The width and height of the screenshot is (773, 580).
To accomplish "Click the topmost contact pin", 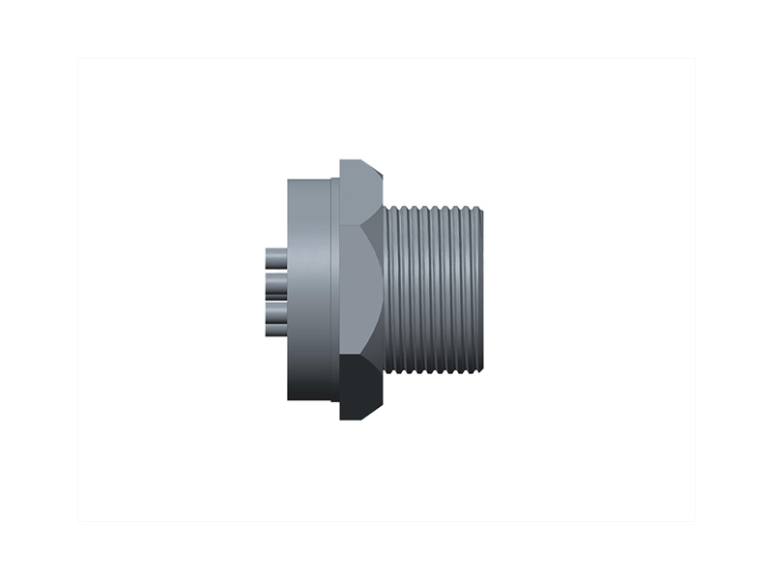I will point(274,259).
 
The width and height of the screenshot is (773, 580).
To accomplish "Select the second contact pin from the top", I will point(274,283).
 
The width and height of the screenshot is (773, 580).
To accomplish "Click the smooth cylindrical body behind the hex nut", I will point(309,290).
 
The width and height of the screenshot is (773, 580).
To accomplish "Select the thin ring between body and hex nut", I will point(335,290).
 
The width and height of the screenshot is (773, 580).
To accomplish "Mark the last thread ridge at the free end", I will point(477,290).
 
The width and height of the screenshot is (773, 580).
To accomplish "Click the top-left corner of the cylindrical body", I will point(289,181).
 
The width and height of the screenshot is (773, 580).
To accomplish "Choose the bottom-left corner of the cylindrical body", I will point(289,398).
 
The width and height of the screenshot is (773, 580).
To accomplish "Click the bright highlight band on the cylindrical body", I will point(319,290).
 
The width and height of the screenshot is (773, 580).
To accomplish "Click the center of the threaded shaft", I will point(435,290).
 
